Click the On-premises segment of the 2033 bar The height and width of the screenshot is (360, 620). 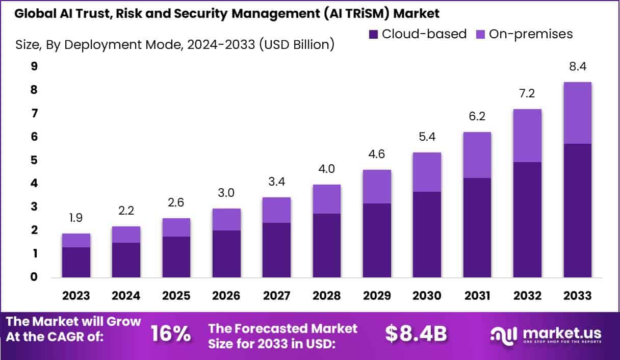578,113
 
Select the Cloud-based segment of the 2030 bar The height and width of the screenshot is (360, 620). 427,235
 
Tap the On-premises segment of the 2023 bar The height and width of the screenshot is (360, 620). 76,240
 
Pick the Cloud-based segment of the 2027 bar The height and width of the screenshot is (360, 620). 276,250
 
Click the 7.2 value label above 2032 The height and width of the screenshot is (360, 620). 527,94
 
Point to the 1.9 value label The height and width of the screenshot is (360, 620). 76,218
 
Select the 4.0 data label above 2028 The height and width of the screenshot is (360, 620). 326,169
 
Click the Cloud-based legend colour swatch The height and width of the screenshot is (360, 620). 373,35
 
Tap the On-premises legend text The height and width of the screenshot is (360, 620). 530,34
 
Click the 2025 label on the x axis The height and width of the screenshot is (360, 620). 176,296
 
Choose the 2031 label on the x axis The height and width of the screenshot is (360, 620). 477,296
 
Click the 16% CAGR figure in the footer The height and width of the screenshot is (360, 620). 171,335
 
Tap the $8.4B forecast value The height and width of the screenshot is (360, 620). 416,335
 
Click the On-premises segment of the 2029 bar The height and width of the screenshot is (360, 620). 377,187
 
